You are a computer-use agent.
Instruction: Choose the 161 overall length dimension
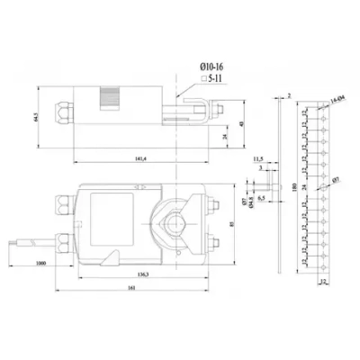point(132,288)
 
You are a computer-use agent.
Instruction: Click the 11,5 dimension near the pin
point(257,156)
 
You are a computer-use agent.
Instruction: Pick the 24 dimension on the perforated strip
point(303,187)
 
